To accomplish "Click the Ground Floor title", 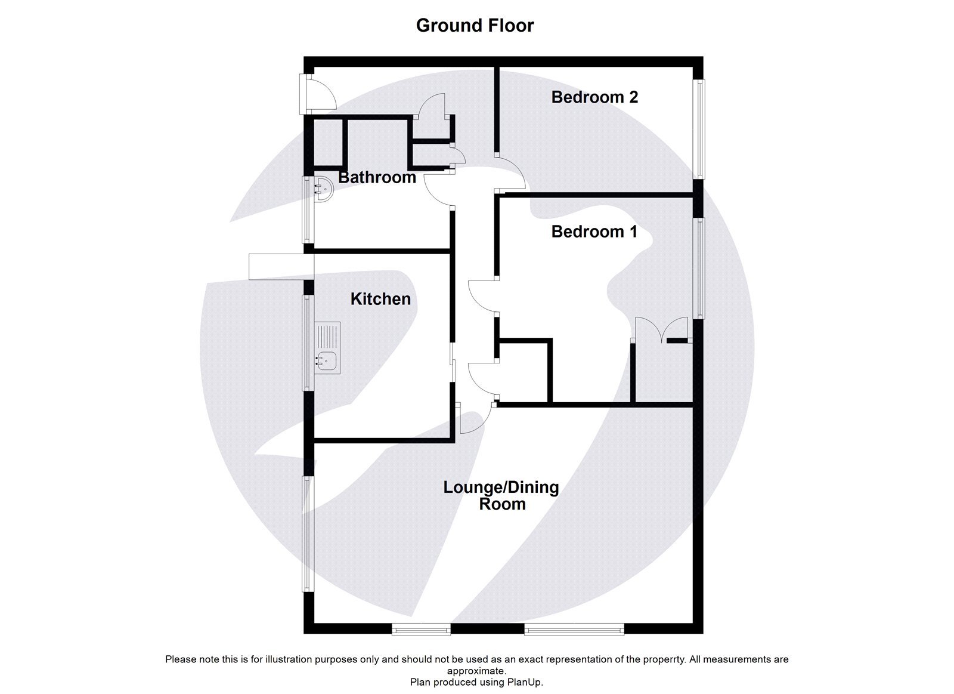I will click(x=475, y=26).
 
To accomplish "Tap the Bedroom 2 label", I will click(x=594, y=97).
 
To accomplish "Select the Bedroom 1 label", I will click(x=594, y=232).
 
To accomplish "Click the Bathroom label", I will click(x=377, y=177).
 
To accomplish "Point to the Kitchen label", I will click(x=380, y=299).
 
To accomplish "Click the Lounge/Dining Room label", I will click(x=501, y=495).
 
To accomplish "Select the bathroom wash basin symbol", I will click(x=323, y=189).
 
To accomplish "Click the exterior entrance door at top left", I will click(x=322, y=95).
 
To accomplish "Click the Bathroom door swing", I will click(x=437, y=190).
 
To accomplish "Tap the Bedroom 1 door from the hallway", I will click(x=482, y=296).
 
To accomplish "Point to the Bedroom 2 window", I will click(x=698, y=128).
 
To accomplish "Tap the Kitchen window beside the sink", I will click(x=308, y=343).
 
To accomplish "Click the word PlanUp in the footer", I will click(x=524, y=682).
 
